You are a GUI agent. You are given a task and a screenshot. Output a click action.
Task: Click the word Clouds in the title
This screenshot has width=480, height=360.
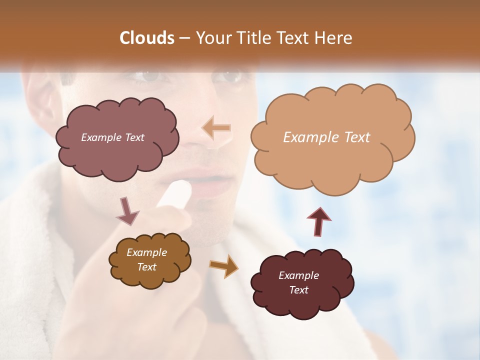click(x=147, y=38)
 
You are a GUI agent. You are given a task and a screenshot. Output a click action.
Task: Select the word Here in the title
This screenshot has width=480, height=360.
click(x=333, y=38)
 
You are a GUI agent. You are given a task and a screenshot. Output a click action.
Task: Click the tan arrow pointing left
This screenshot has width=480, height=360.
click(x=216, y=128)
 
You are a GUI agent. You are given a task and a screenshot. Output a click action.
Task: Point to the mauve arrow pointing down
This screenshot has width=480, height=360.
click(x=127, y=210)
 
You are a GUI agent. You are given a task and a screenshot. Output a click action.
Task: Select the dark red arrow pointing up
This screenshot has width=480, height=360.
click(x=318, y=221)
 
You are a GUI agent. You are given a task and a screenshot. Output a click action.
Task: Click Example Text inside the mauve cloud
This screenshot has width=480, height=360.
click(x=112, y=137)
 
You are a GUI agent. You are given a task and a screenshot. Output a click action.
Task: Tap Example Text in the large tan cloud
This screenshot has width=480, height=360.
click(x=326, y=137)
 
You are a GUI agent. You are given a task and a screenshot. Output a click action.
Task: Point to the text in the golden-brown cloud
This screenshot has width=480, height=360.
click(x=146, y=259)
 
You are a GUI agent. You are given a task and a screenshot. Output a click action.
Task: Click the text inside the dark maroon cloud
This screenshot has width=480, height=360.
click(x=298, y=282)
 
